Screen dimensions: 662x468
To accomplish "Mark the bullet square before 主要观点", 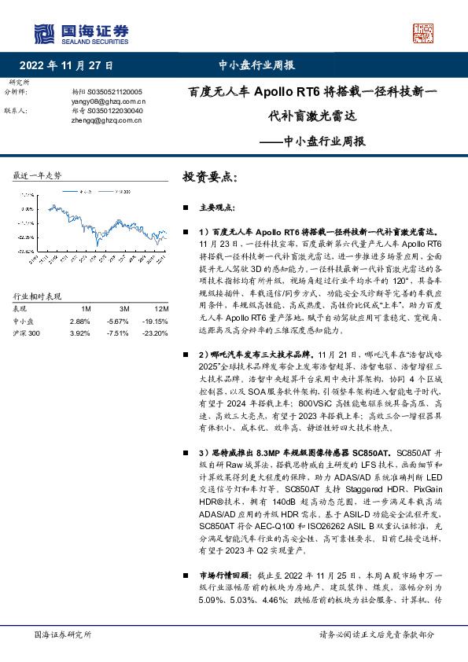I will (185, 208).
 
